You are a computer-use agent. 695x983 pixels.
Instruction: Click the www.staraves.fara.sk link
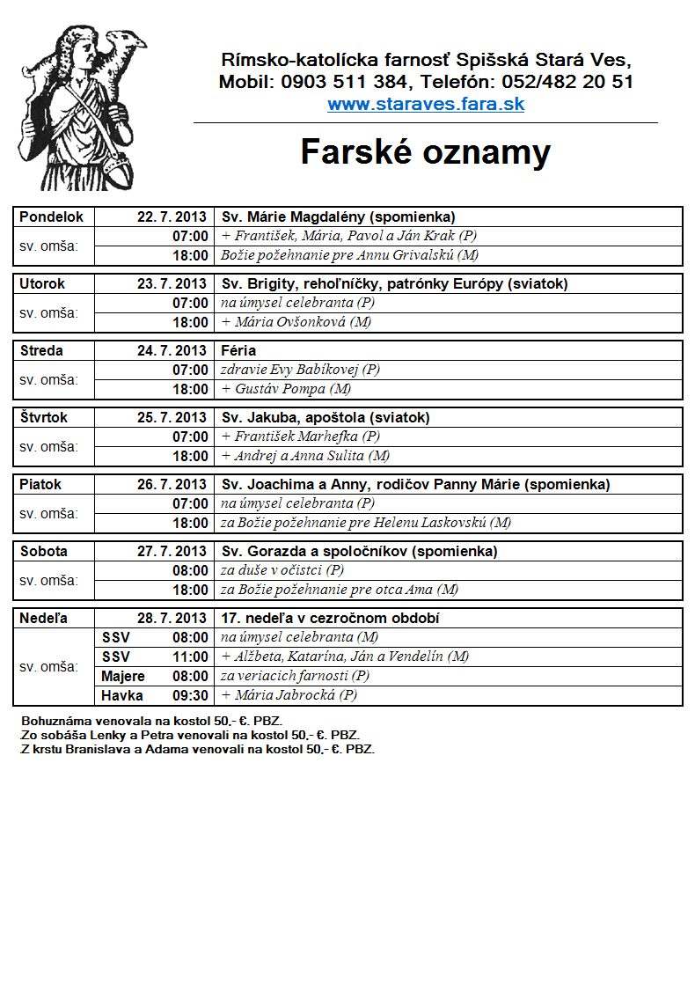[x=426, y=104]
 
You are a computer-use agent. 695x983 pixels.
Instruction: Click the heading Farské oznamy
[x=426, y=152]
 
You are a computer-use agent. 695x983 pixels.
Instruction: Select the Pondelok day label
[x=51, y=216]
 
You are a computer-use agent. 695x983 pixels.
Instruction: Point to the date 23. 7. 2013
[x=172, y=283]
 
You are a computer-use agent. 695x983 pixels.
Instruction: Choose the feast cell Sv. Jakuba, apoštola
[x=326, y=417]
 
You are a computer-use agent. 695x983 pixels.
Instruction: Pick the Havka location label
[x=122, y=695]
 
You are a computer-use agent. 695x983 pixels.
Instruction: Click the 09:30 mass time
[x=191, y=695]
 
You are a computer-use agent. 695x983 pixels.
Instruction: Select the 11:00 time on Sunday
[x=191, y=657]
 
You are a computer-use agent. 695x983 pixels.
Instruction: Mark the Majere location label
[x=123, y=676]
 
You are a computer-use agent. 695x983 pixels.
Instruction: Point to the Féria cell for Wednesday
[x=238, y=350]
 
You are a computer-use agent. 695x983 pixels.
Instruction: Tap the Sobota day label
[x=43, y=551]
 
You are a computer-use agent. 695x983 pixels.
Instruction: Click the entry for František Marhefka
[x=300, y=436]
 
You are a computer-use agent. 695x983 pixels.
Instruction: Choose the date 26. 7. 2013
[x=172, y=484]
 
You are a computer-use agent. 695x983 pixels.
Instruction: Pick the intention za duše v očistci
[x=282, y=570]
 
